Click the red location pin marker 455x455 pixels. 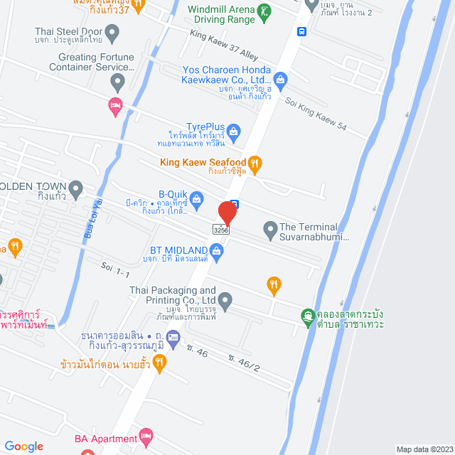227,213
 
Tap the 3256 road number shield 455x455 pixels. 220,229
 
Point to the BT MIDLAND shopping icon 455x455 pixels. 217,250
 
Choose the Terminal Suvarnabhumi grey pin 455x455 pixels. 270,229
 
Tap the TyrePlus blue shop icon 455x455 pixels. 235,130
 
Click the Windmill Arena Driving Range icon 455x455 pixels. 264,12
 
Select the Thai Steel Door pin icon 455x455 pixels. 112,31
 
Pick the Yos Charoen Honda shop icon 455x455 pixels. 281,78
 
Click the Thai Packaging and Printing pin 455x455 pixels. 225,301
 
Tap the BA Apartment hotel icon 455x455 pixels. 146,434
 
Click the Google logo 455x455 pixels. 23,446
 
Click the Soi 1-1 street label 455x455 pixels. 115,271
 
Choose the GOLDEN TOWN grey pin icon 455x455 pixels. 76,188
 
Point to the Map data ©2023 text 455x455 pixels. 424,449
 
